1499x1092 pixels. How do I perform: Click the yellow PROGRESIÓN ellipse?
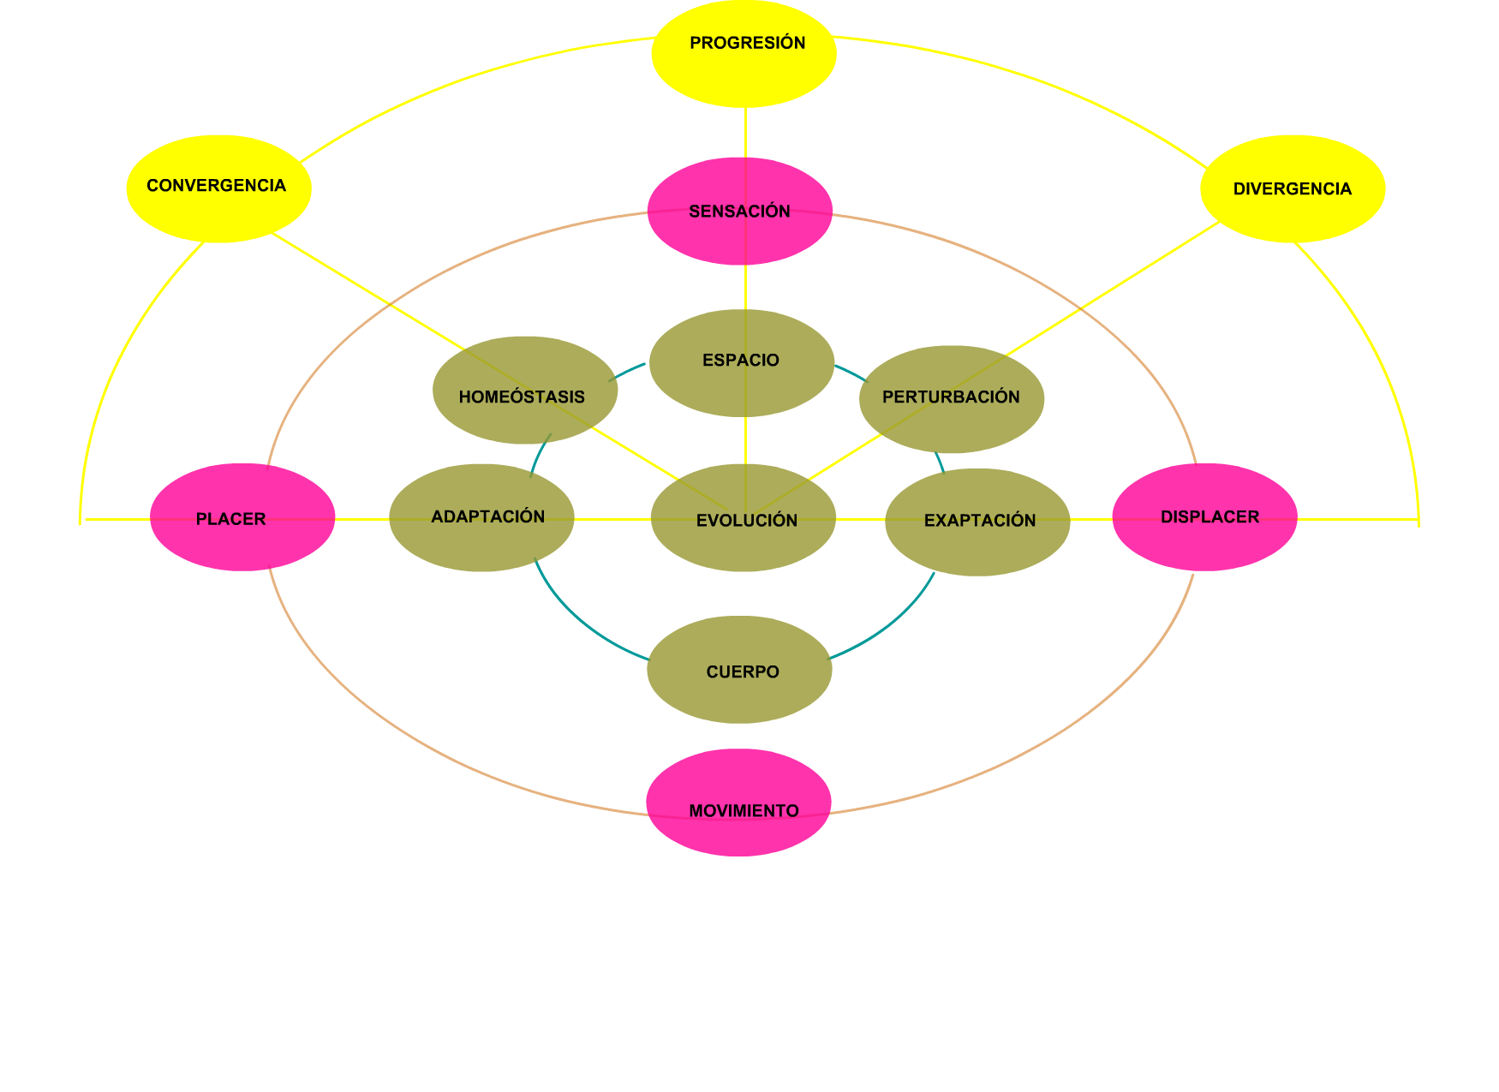[744, 54]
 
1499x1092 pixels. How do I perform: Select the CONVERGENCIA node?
[218, 188]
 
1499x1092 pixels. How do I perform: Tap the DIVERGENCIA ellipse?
[1293, 188]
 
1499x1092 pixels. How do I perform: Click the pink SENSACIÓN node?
[739, 211]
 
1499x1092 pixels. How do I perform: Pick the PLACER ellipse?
[242, 517]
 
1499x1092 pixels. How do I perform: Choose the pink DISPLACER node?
[1204, 517]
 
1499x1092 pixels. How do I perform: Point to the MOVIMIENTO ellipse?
[738, 803]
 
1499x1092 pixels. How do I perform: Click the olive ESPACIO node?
[741, 363]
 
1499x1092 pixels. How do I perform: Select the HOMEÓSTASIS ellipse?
[525, 391]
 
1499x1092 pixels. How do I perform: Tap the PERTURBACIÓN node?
[952, 399]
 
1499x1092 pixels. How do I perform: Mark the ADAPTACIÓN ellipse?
[481, 517]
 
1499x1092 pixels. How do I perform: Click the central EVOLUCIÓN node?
[743, 517]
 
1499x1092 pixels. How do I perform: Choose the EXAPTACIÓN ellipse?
[977, 522]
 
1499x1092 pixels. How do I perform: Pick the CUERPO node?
[739, 670]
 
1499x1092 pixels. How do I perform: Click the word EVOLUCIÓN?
[747, 520]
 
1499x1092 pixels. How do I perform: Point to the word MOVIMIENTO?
[744, 810]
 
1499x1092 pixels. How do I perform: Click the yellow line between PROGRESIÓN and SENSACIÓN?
[745, 133]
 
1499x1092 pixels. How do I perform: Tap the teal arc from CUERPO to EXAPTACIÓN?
[891, 625]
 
